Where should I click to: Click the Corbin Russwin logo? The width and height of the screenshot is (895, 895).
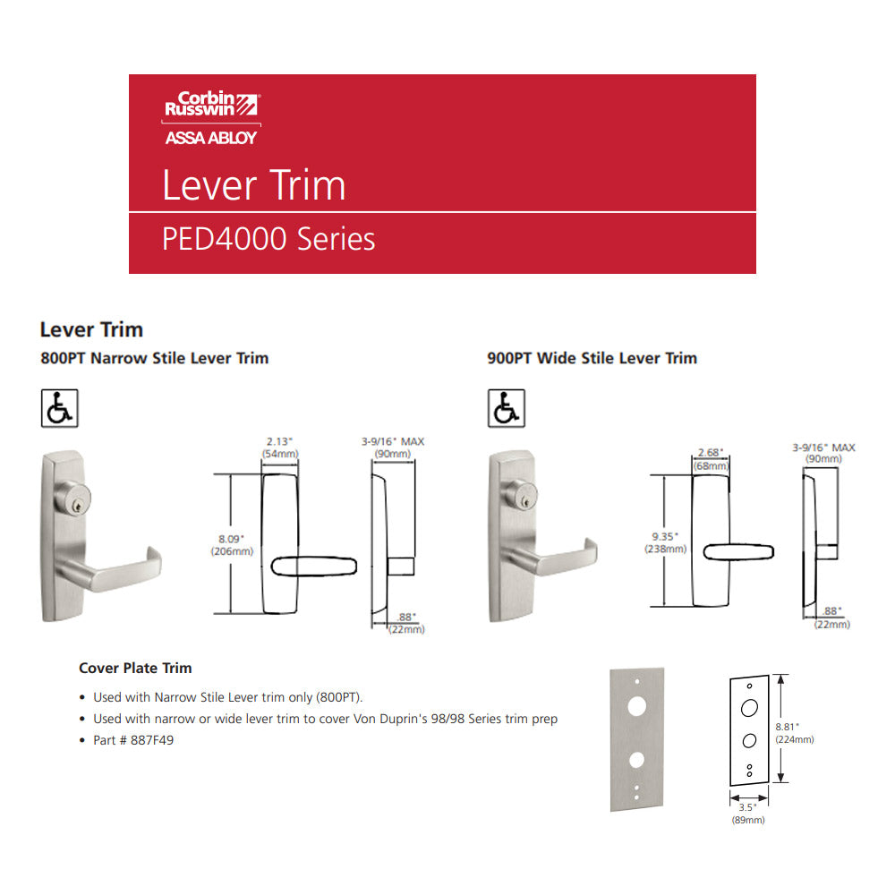point(212,104)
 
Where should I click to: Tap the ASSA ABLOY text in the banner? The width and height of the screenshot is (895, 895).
point(210,138)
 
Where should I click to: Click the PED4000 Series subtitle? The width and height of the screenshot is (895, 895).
point(268,239)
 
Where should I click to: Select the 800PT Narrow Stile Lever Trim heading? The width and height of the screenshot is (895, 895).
point(154,358)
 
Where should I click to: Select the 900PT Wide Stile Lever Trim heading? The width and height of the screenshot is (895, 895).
point(592,358)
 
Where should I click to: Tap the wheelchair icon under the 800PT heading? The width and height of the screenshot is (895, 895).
point(59,408)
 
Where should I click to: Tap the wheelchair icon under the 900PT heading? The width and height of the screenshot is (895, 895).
point(507,408)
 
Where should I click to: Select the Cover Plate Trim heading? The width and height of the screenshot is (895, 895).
point(135,668)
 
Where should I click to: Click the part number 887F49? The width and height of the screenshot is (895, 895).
point(152,740)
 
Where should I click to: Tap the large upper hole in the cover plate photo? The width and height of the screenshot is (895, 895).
point(637,707)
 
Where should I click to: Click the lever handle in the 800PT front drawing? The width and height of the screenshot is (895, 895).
point(314,567)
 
